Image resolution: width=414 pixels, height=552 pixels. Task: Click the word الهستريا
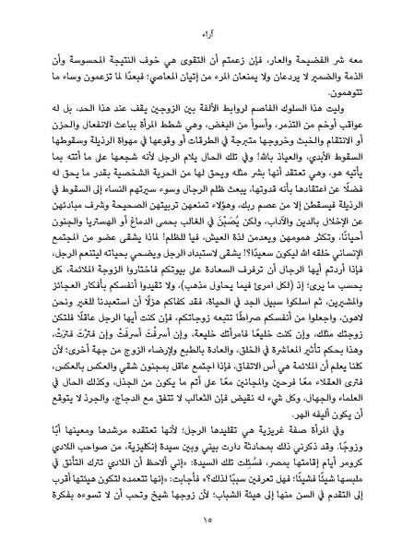(x=91, y=211)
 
